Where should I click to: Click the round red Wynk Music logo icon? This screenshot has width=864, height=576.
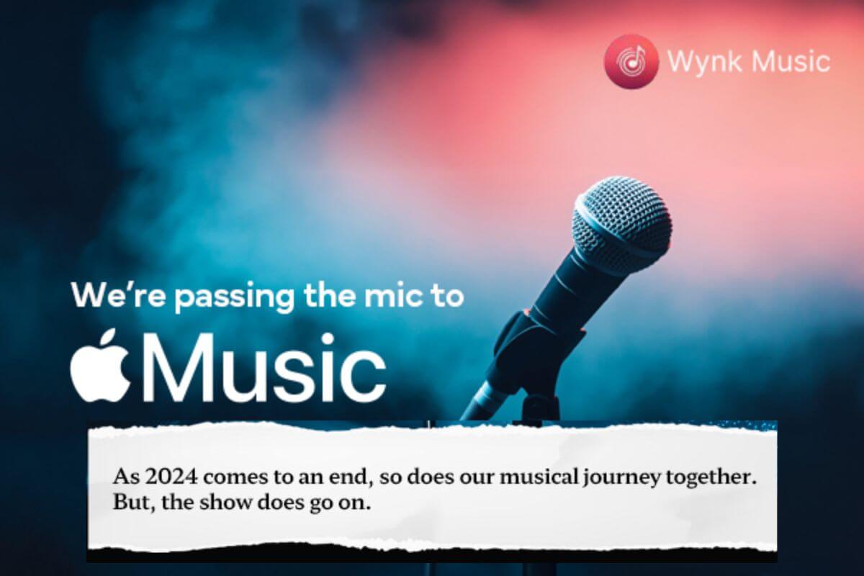click(631, 62)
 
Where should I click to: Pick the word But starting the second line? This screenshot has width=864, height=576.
click(127, 503)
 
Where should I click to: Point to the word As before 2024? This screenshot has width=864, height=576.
click(124, 477)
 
